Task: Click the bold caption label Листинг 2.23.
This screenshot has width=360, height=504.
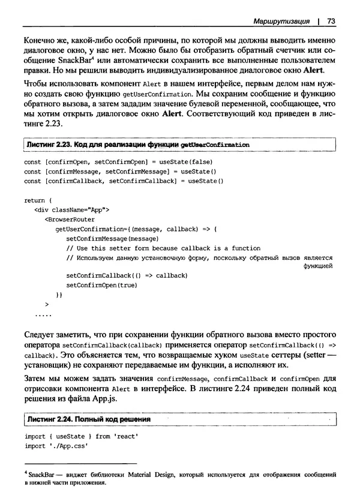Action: pos(49,145)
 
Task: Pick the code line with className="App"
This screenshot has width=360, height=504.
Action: pos(71,210)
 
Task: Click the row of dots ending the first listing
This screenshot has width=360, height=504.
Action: pos(43,313)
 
